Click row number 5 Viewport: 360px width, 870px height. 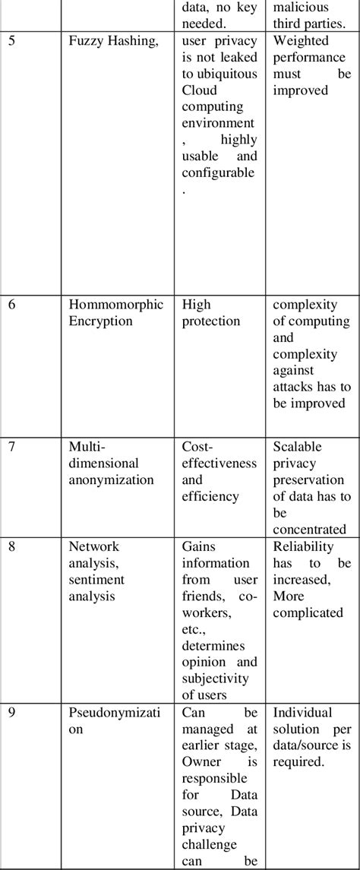pyautogui.click(x=11, y=41)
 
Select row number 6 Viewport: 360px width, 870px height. pyautogui.click(x=11, y=304)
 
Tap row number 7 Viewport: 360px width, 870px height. pyautogui.click(x=11, y=446)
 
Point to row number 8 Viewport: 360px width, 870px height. pyautogui.click(x=11, y=546)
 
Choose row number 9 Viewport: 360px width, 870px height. pyautogui.click(x=11, y=712)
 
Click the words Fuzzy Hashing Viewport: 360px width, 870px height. pyautogui.click(x=114, y=41)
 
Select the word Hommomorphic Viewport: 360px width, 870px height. pyautogui.click(x=116, y=304)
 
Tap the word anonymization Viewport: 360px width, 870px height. pyautogui.click(x=111, y=479)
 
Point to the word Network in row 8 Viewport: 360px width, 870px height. pyautogui.click(x=94, y=546)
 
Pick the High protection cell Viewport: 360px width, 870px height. pyautogui.click(x=210, y=312)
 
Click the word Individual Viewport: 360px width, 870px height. pyautogui.click(x=302, y=712)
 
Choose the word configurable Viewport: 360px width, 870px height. pyautogui.click(x=219, y=172)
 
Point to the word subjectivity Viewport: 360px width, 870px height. pyautogui.click(x=219, y=679)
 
